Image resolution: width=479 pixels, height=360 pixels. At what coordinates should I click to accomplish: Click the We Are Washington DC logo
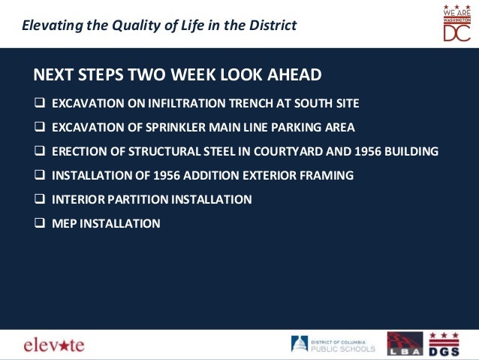point(456,23)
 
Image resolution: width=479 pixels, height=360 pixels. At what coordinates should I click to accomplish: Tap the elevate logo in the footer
point(54,345)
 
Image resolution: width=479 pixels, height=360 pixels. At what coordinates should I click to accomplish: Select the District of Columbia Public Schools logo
point(333,344)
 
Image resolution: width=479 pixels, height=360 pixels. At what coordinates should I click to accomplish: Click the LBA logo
point(404,343)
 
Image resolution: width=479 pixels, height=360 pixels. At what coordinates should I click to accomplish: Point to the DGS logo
point(444,343)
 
